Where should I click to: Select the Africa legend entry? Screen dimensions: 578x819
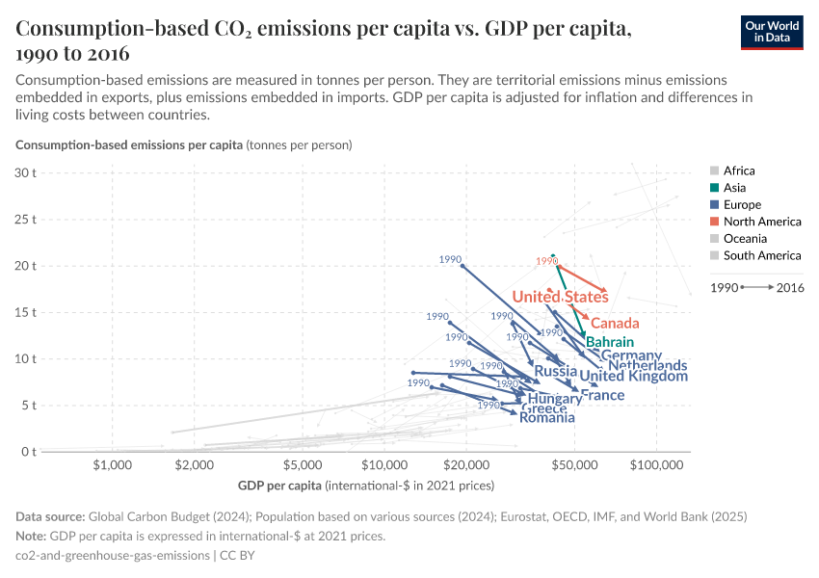(739, 171)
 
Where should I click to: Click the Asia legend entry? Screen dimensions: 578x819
(733, 188)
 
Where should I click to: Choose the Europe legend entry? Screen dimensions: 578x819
(741, 204)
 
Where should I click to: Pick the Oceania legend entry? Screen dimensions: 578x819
(744, 238)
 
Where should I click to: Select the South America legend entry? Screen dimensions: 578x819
(761, 255)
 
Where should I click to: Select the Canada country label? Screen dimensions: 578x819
(615, 323)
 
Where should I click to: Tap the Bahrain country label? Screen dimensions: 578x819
(610, 342)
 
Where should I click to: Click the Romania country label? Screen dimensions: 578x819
(546, 417)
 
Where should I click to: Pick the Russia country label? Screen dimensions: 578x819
(555, 371)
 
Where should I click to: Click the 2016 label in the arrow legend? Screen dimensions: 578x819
(789, 287)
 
